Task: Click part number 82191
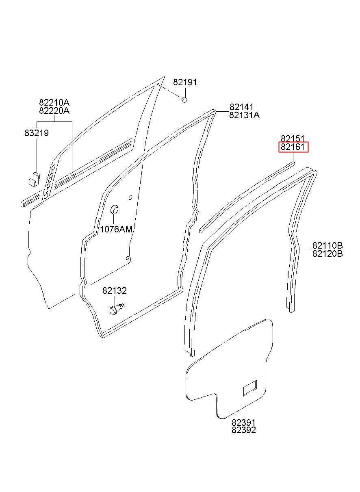(x=185, y=82)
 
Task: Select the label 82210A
(x=54, y=102)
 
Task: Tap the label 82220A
(x=54, y=111)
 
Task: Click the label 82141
(x=241, y=107)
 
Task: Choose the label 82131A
(x=244, y=115)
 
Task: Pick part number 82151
(x=293, y=139)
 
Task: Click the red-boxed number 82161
(x=293, y=147)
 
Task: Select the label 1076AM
(x=116, y=229)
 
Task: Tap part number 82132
(x=115, y=291)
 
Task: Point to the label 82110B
(x=327, y=245)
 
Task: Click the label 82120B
(x=327, y=254)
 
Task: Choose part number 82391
(x=244, y=423)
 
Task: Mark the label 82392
(x=244, y=430)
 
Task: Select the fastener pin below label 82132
(x=116, y=309)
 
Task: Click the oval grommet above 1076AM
(x=115, y=210)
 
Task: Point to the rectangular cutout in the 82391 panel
(x=250, y=388)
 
